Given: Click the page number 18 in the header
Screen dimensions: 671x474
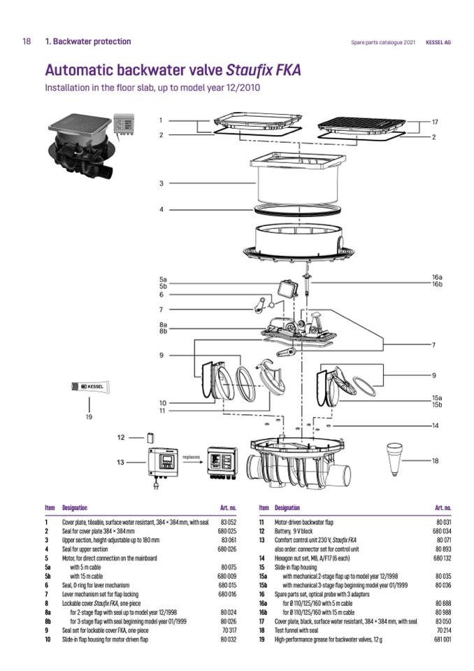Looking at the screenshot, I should coord(27,41).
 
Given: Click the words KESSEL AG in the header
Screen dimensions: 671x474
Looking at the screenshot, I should coord(438,42).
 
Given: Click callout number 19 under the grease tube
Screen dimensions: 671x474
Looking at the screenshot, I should coord(89,418).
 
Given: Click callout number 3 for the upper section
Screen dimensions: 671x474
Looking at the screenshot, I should coord(161,183).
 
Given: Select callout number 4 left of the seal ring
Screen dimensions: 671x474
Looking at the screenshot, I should coord(161,209).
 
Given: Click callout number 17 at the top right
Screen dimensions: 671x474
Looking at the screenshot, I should coord(434,121).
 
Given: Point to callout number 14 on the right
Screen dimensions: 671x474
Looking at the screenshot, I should coord(434,425).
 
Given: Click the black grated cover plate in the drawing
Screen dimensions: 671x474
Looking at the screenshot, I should coord(357,125).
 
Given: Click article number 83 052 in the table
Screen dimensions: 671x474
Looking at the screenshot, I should coord(229,522).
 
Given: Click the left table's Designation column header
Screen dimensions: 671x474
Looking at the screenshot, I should coord(75,507).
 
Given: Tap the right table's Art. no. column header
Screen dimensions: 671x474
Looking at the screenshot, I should coord(443,507).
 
